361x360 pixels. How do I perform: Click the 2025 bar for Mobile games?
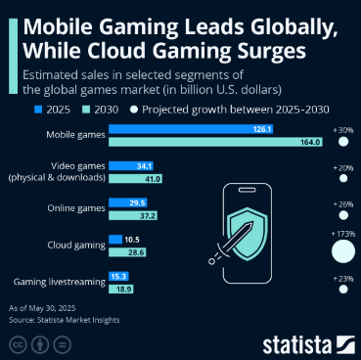click(191, 129)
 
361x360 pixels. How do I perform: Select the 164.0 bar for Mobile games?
click(215, 142)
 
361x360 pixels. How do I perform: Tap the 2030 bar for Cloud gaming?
click(127, 252)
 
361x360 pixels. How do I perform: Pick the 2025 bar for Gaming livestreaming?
click(118, 277)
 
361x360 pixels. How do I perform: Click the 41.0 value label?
click(152, 179)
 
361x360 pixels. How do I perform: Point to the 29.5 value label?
click(137, 202)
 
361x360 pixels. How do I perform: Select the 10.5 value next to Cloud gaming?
click(132, 240)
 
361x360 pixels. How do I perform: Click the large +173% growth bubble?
click(343, 251)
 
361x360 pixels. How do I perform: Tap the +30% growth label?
click(343, 130)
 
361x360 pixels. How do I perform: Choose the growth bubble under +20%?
click(343, 178)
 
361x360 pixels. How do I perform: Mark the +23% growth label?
click(343, 279)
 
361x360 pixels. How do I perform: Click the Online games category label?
click(76, 208)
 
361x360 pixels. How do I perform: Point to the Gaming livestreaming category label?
click(60, 282)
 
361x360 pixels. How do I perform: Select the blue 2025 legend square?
click(38, 110)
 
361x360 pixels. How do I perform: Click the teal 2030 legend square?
click(86, 110)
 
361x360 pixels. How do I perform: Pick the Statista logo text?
click(297, 345)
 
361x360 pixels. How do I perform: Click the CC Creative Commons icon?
click(18, 344)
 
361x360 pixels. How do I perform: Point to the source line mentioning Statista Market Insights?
click(65, 320)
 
